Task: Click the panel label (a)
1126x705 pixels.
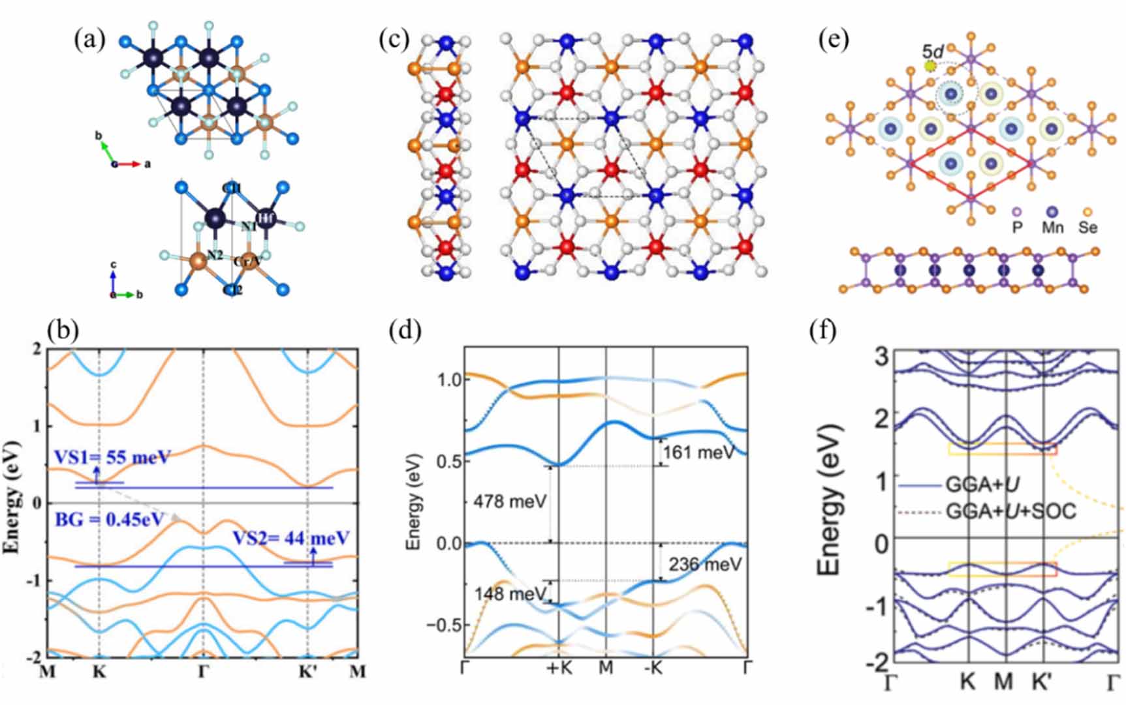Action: click(x=89, y=40)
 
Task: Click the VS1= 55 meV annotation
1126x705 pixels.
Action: click(x=112, y=457)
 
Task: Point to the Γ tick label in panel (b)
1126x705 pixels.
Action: click(x=203, y=672)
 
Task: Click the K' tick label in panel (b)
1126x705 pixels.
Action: click(x=308, y=672)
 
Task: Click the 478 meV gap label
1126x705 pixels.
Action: click(x=510, y=502)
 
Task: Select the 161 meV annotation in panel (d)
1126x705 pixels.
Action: click(x=698, y=452)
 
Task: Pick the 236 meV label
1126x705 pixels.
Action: click(x=705, y=564)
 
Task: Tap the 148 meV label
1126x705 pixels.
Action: click(x=510, y=594)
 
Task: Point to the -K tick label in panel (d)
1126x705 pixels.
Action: click(x=653, y=668)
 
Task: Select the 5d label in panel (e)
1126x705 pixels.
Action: click(x=931, y=51)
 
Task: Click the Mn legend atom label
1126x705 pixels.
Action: click(x=1052, y=228)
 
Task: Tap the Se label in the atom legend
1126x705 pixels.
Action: click(x=1087, y=228)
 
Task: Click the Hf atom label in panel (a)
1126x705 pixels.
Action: click(x=265, y=218)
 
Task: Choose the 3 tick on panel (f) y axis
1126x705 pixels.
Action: click(x=881, y=357)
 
